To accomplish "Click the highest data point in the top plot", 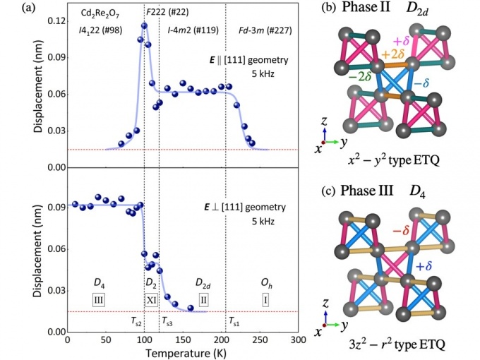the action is [144, 25].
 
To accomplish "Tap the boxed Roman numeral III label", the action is [99, 300].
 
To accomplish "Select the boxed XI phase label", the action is [151, 300].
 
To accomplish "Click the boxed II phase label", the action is [203, 300].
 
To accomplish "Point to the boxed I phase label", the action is [265, 300].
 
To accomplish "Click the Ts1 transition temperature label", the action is [234, 321].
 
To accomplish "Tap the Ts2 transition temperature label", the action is [136, 321].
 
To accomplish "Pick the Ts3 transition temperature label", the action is [167, 321].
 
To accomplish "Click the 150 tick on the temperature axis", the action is [183, 340].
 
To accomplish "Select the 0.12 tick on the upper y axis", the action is [56, 21].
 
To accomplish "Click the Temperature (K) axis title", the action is [186, 353].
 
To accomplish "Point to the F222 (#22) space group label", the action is [167, 12].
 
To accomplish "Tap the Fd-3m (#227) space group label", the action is [265, 30].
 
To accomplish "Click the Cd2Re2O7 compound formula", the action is [100, 13].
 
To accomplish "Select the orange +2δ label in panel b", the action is [393, 54].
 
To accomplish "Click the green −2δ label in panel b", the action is [360, 76].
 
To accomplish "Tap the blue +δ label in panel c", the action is [424, 266].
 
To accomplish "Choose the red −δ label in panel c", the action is [401, 230].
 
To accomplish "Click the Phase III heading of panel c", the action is [367, 191].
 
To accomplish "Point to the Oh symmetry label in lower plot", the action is [266, 284].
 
